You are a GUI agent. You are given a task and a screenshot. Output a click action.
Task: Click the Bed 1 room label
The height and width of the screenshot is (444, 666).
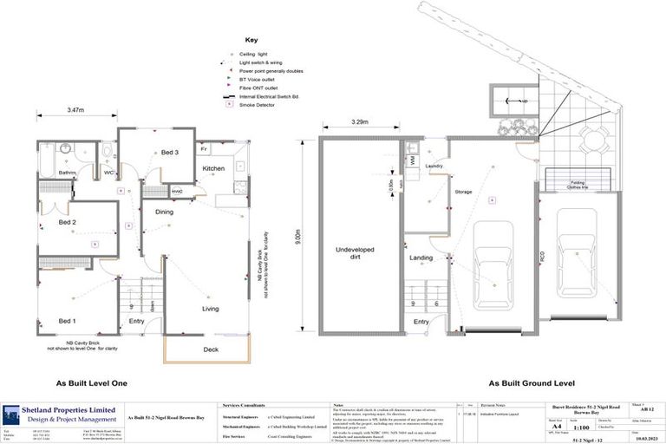tap(66, 321)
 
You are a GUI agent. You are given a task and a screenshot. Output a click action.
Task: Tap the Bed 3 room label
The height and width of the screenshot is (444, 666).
tap(169, 153)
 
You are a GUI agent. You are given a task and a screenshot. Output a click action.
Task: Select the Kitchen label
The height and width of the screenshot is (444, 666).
tap(213, 168)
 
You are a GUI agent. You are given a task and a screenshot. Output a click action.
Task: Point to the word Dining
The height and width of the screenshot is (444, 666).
tap(164, 212)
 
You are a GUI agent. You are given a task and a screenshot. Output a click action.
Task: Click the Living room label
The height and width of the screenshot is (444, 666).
tap(211, 308)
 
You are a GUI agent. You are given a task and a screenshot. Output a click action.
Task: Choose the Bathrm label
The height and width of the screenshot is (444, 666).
tap(68, 173)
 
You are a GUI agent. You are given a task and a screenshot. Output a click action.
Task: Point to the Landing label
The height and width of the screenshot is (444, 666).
tap(421, 258)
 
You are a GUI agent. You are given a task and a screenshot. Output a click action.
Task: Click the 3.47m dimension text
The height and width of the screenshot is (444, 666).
tap(76, 110)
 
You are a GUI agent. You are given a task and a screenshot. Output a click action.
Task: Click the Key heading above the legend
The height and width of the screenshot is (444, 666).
tap(251, 40)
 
